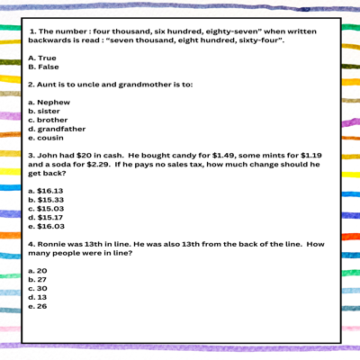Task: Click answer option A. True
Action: tap(44, 58)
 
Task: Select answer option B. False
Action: tap(44, 67)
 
